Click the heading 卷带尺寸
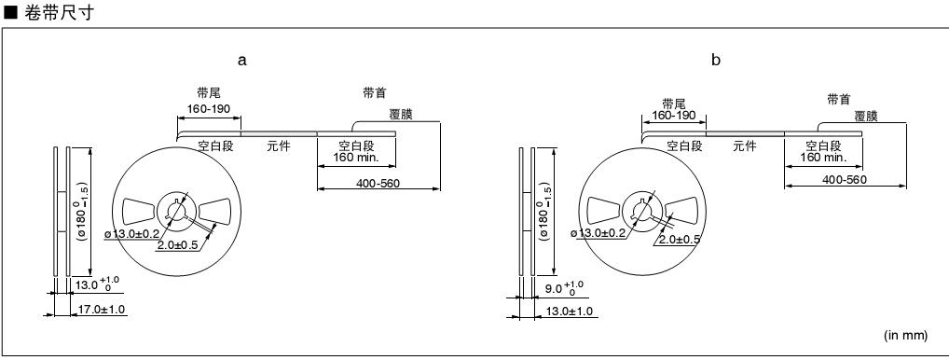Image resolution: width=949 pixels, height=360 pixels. pos(60,13)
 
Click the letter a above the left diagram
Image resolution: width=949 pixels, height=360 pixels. pos(242,61)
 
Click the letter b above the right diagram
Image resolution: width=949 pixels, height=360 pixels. pos(716,60)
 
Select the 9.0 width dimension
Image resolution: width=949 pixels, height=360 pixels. pos(556,288)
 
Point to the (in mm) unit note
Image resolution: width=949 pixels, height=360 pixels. pos(905,335)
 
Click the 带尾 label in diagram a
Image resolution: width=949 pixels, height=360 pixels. pos(209,93)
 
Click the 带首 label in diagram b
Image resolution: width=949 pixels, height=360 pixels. pos(839,100)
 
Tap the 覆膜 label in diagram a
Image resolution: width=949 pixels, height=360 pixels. pos(401,115)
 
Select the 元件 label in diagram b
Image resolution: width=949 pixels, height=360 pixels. pos(745,145)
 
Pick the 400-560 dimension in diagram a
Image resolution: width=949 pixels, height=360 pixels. pos(378,184)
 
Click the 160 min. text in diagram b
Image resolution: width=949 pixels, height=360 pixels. pos(823,158)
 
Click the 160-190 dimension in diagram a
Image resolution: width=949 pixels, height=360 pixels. pos(209,109)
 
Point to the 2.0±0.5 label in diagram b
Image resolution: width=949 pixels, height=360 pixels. pos(679,239)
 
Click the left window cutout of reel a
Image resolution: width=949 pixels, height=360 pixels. pos(141,211)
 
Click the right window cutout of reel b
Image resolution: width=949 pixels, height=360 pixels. pos(684,211)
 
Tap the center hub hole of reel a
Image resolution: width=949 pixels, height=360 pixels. pos(177,211)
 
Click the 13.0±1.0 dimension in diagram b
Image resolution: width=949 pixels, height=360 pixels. pos(570,312)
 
